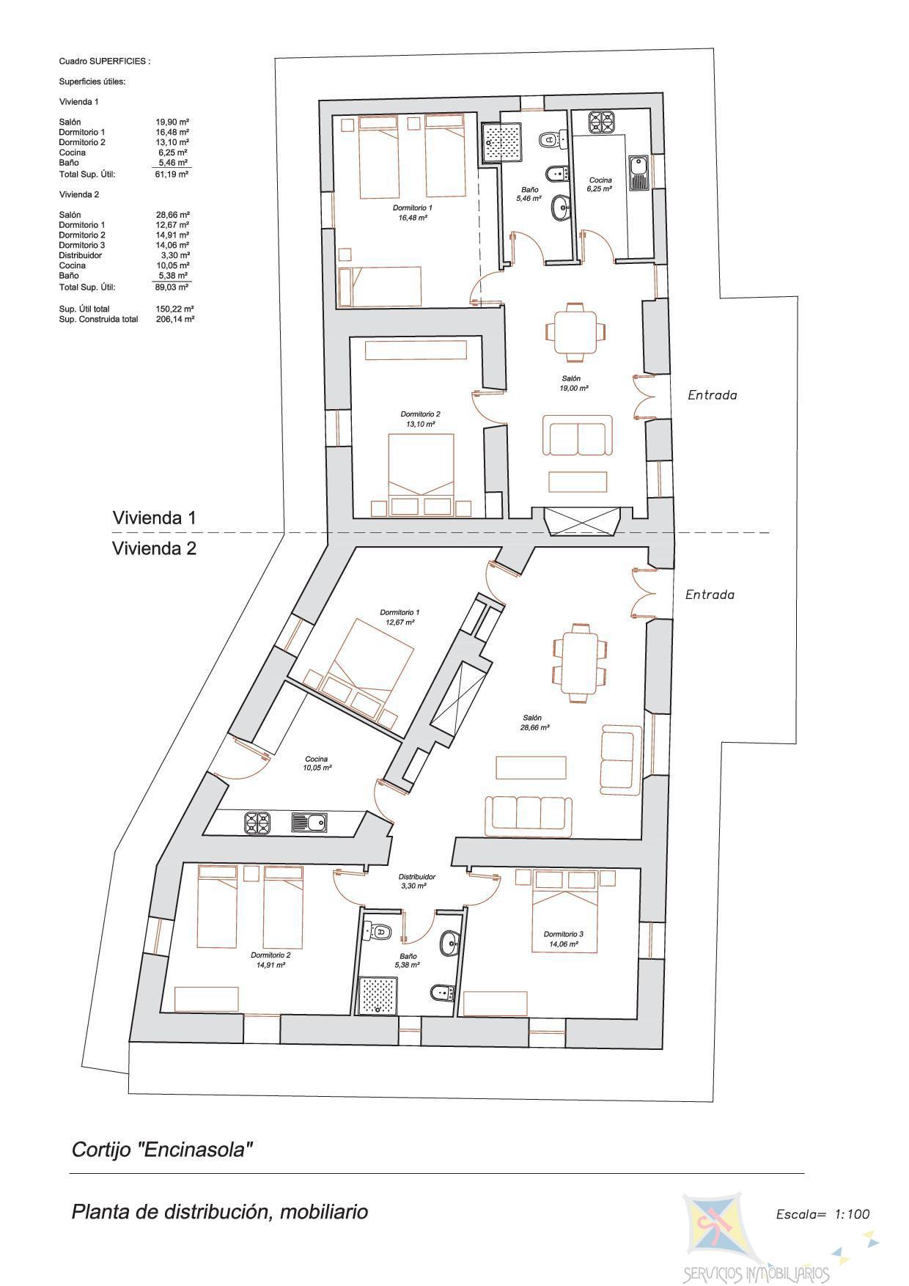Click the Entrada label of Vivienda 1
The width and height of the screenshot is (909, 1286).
pyautogui.click(x=712, y=395)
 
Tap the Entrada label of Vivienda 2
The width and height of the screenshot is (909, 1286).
pyautogui.click(x=709, y=595)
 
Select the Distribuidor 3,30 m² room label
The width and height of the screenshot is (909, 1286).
pyautogui.click(x=417, y=881)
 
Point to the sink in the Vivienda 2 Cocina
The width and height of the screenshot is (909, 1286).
pyautogui.click(x=310, y=823)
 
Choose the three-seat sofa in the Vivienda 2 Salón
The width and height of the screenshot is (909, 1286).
pyautogui.click(x=529, y=815)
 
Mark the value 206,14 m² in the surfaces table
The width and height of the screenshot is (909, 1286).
pyautogui.click(x=175, y=319)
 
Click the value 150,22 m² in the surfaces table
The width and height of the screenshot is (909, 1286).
pyautogui.click(x=175, y=309)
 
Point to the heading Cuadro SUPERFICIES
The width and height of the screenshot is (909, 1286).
pyautogui.click(x=104, y=62)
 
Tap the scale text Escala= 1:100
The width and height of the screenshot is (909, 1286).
pyautogui.click(x=822, y=1213)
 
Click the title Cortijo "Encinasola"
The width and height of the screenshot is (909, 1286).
pyautogui.click(x=162, y=1149)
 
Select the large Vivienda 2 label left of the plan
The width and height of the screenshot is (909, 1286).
pyautogui.click(x=154, y=548)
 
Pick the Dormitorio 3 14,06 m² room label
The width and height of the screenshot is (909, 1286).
pyautogui.click(x=563, y=939)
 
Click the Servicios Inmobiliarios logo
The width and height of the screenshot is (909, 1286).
pyautogui.click(x=755, y=1239)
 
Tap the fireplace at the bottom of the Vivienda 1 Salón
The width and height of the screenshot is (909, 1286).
pyautogui.click(x=583, y=521)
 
